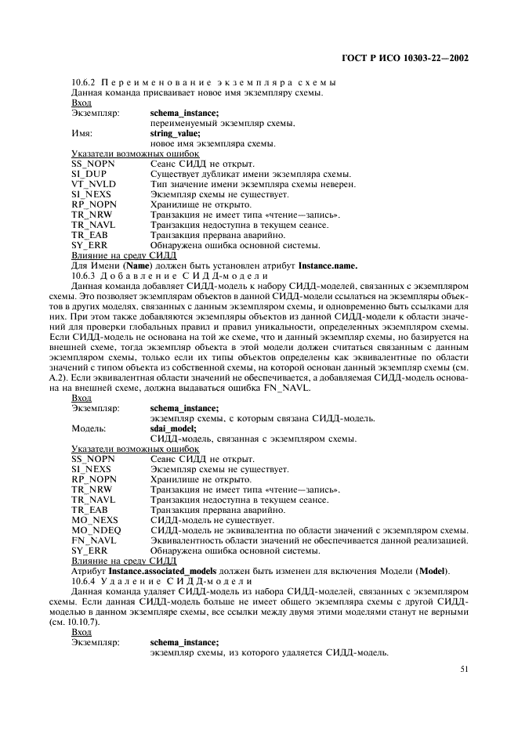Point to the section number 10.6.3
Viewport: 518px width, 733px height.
[x=83, y=275]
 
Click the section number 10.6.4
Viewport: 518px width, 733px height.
[x=83, y=581]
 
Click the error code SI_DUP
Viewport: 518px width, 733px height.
[x=89, y=174]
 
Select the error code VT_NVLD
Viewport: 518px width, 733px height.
[x=92, y=184]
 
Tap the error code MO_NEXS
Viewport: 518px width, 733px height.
[x=93, y=520]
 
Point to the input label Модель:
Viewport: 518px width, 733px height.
[x=89, y=428]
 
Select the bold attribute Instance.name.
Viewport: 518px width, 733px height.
[x=328, y=265]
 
